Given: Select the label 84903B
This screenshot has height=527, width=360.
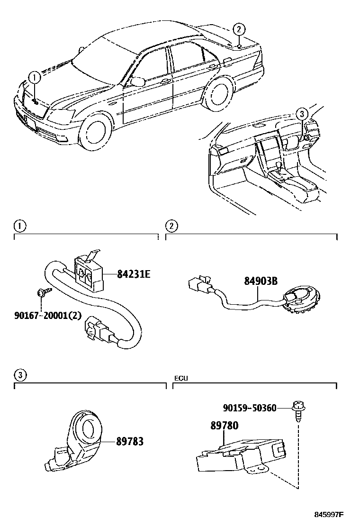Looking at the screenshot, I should tap(261, 282).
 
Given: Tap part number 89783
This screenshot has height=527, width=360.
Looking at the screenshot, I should tap(130, 442).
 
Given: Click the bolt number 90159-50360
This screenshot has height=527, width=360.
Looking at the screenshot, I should tap(250, 408).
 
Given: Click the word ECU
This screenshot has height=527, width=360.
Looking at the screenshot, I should tap(180, 378).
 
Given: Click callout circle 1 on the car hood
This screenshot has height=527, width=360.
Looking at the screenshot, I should tap(34, 77).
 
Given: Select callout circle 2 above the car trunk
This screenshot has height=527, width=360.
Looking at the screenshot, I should tap(240, 28).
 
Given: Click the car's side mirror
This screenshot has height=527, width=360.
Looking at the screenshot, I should tap(137, 81).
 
